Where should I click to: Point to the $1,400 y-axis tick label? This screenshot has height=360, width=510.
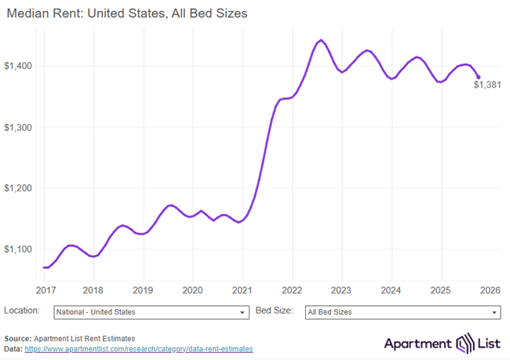tap(18, 66)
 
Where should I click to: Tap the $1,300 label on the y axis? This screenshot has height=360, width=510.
tap(18, 127)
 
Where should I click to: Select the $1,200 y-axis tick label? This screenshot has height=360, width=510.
tap(18, 188)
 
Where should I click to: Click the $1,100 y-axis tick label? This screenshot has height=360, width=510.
tap(18, 249)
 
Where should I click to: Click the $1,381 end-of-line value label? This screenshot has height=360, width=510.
tap(487, 85)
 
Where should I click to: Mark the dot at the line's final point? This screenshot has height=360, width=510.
tap(479, 77)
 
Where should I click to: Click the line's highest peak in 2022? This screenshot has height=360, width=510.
tap(321, 40)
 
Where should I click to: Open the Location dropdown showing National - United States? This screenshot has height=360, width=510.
tap(151, 312)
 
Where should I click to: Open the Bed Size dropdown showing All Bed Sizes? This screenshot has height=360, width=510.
tap(402, 312)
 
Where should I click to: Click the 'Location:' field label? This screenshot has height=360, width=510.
tap(22, 311)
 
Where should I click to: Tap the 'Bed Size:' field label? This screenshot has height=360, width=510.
tap(274, 311)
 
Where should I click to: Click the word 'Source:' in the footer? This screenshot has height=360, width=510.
tap(19, 338)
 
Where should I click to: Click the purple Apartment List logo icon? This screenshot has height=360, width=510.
tap(464, 343)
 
